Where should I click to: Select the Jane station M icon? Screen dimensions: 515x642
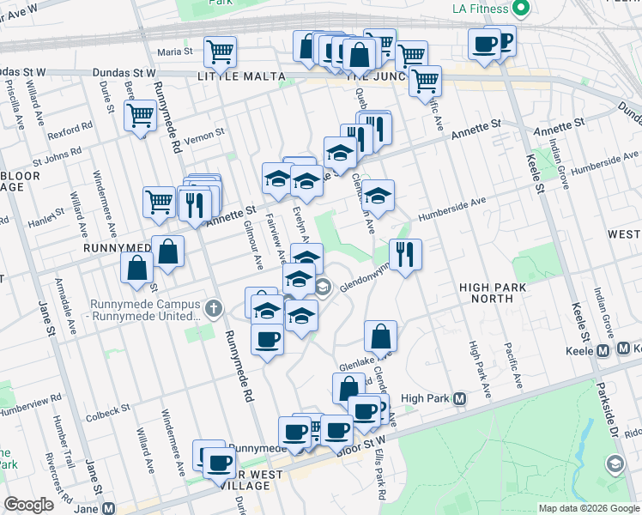pyautogui.click(x=108, y=508)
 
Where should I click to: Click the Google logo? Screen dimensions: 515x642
pyautogui.click(x=28, y=505)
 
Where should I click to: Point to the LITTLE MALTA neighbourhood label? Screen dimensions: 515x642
pyautogui.click(x=240, y=76)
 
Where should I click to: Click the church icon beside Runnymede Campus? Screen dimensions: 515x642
pyautogui.click(x=214, y=307)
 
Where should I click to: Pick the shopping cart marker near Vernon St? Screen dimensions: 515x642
pyautogui.click(x=140, y=115)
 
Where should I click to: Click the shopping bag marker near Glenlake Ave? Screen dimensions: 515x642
pyautogui.click(x=380, y=336)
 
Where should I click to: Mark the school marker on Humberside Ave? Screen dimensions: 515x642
pyautogui.click(x=378, y=195)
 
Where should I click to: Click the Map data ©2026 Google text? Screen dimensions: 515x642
pyautogui.click(x=588, y=508)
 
